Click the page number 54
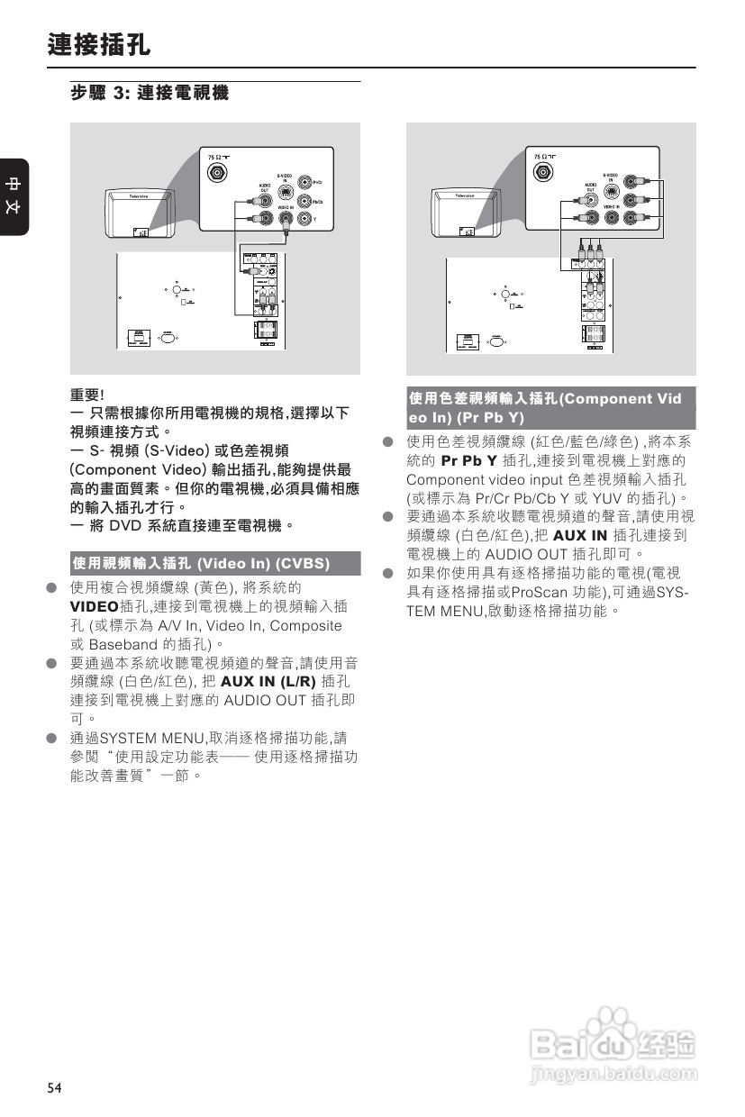(x=55, y=1088)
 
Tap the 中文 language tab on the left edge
(x=14, y=197)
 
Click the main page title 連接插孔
(x=99, y=44)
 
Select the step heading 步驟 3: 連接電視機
(x=150, y=94)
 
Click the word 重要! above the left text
(x=87, y=395)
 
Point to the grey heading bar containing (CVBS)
(x=215, y=564)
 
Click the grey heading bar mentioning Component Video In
(x=550, y=408)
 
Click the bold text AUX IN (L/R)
(x=268, y=681)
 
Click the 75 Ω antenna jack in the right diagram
(x=546, y=173)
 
